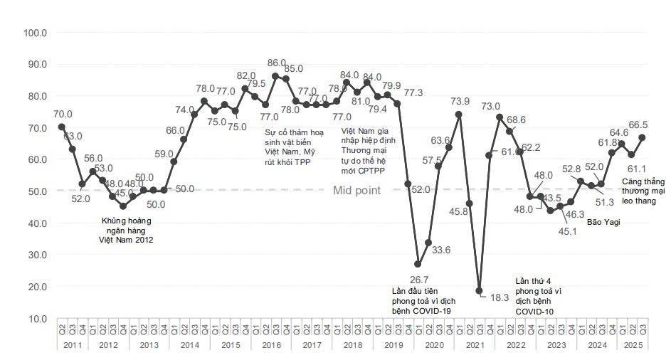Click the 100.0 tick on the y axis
point(35,33)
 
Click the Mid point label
point(356,190)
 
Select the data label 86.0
point(275,63)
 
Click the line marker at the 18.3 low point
point(480,290)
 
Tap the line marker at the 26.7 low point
point(418,264)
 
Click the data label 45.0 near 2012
point(123,192)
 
